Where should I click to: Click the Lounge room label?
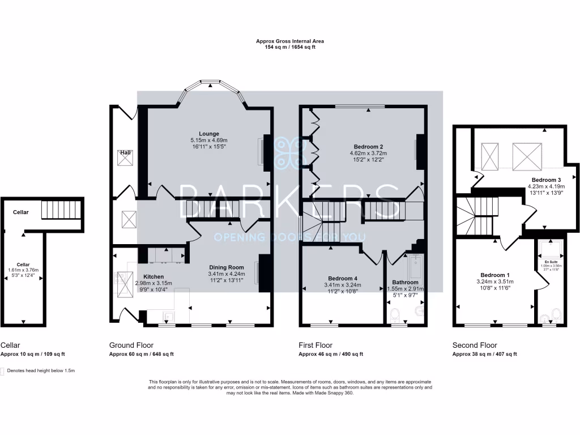209,134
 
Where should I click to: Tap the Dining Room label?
227,267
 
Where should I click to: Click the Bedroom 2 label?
363,146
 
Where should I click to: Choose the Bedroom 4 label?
343,278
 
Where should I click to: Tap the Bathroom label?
406,282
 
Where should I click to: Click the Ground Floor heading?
131,345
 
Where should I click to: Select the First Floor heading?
315,345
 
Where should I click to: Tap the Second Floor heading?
475,345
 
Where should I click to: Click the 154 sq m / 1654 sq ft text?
289,47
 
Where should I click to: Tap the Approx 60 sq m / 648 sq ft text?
141,354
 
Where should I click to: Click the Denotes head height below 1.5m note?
41,370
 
